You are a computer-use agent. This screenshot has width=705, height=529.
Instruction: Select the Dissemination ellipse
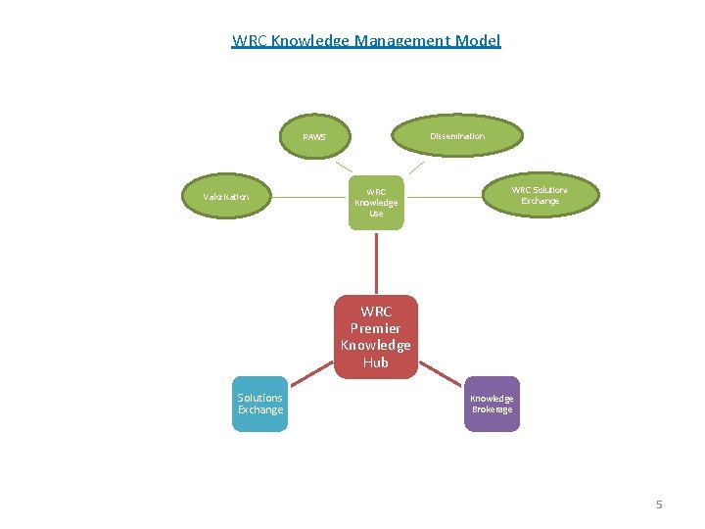[x=456, y=136]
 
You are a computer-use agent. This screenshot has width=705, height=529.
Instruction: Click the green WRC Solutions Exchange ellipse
[x=540, y=196]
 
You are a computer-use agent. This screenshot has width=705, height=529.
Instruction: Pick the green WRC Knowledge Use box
[x=376, y=203]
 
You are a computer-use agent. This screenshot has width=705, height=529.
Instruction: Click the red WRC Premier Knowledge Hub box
[x=376, y=337]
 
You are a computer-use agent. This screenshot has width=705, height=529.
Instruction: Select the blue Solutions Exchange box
[x=259, y=404]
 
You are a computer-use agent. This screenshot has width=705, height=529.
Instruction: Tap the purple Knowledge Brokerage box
[x=492, y=404]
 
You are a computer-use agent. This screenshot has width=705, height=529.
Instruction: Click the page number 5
[x=659, y=505]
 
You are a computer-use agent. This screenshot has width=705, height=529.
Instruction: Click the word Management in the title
[x=397, y=41]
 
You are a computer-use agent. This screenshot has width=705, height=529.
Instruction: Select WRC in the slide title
[x=249, y=41]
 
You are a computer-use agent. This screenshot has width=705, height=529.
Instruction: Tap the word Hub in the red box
[x=376, y=362]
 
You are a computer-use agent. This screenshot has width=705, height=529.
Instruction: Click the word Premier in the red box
[x=376, y=328]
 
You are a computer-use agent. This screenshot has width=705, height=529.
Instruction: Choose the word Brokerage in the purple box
[x=492, y=409]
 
